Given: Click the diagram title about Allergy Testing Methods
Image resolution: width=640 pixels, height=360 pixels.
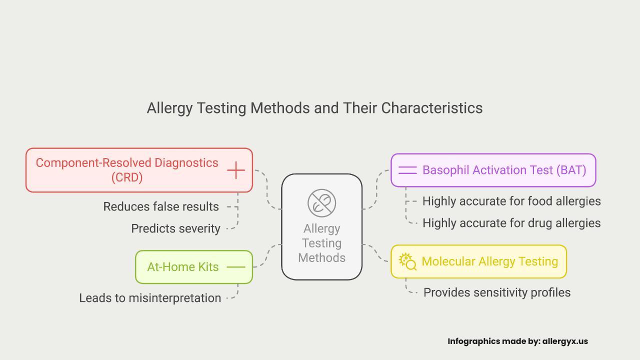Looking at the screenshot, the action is click(x=314, y=108).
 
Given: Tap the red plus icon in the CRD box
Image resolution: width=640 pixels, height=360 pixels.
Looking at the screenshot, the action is click(x=236, y=170).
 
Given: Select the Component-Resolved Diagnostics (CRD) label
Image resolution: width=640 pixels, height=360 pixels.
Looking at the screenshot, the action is click(x=127, y=170).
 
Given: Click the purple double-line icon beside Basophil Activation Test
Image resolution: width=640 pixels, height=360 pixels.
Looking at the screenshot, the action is click(x=407, y=170).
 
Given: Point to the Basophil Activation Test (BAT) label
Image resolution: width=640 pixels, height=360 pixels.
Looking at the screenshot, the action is click(x=504, y=170).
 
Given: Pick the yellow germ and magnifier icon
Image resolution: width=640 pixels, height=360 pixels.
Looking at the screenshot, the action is click(x=407, y=261).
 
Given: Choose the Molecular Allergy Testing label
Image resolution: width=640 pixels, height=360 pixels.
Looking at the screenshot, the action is click(x=489, y=261).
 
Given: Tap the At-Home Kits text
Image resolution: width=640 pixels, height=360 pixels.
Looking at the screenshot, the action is click(x=183, y=267).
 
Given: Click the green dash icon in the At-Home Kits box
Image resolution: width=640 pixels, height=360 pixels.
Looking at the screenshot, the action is click(x=236, y=267).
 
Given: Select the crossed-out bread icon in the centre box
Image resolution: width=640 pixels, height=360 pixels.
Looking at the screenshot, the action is click(x=321, y=203).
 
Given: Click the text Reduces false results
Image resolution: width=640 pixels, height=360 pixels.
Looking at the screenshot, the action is click(x=161, y=206).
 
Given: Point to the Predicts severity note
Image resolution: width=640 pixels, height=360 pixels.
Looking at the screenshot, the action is click(x=175, y=228).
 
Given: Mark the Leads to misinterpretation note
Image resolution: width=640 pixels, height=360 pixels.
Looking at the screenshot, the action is click(x=150, y=298).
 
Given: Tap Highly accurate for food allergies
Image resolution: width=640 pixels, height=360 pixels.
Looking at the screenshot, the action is click(x=511, y=201).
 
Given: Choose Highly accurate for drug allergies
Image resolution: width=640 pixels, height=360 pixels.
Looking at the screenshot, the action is click(x=511, y=223).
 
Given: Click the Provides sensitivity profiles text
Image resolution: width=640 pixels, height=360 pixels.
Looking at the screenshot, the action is click(x=497, y=292).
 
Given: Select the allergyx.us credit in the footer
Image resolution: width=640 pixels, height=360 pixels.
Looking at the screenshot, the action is click(x=565, y=341).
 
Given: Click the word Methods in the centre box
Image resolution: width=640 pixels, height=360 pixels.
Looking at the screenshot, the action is click(x=321, y=257).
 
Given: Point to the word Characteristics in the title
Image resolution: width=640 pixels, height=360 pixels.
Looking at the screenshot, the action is click(x=431, y=108).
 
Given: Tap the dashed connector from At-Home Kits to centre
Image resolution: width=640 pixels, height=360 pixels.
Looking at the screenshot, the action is click(x=267, y=255).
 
